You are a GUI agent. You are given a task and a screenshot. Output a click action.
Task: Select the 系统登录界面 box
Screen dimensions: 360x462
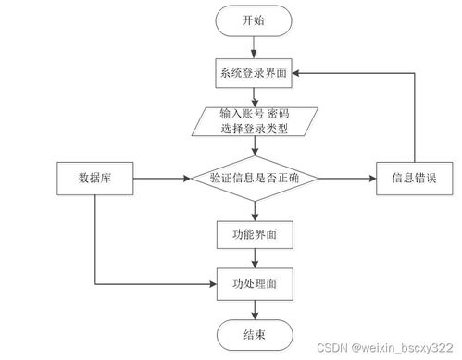pyautogui.click(x=254, y=72)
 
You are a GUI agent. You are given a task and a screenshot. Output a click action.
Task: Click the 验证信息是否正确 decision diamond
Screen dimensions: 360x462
pyautogui.click(x=254, y=176)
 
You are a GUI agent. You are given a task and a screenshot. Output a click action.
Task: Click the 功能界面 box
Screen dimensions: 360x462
pyautogui.click(x=254, y=235)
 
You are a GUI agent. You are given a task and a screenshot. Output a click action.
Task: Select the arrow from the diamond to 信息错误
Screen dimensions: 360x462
pyautogui.click(x=348, y=176)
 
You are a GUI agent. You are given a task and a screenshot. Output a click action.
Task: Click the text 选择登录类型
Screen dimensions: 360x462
pyautogui.click(x=254, y=128)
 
